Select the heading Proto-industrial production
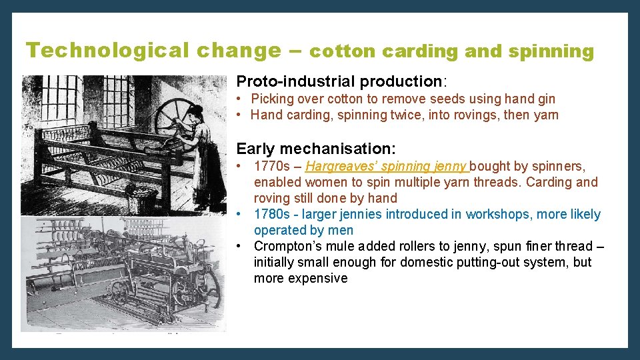point(340,81)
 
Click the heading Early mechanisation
point(316,148)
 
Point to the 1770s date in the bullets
point(272,166)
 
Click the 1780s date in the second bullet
point(272,214)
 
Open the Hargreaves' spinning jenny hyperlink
point(387,166)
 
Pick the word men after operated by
point(341,230)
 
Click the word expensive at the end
point(300,278)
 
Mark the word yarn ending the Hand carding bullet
point(542,115)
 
